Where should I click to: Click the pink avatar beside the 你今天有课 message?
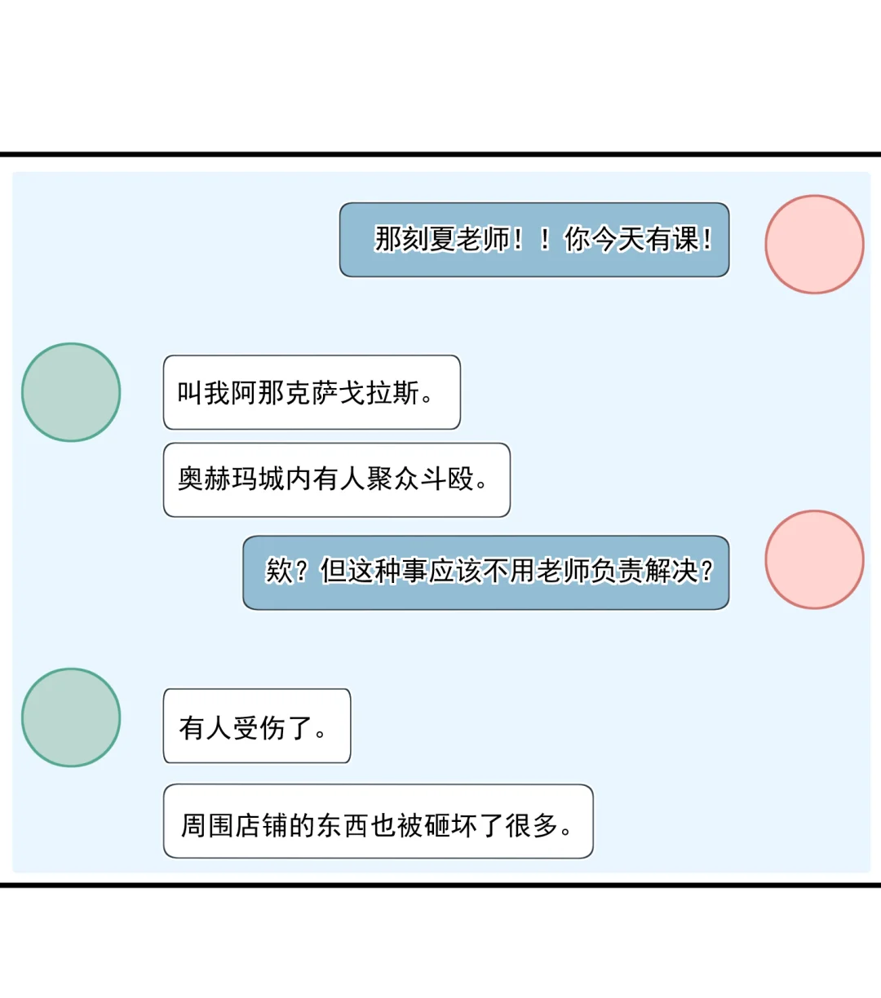(x=814, y=244)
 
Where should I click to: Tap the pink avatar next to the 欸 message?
(x=814, y=559)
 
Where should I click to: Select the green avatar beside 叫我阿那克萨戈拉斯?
(x=71, y=392)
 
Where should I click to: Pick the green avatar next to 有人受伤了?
(x=71, y=718)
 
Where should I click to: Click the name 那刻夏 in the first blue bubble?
(x=414, y=240)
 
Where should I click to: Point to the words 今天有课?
(x=644, y=240)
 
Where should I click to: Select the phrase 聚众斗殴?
(x=420, y=479)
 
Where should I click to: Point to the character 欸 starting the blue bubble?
(x=278, y=572)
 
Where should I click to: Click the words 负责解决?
(x=644, y=572)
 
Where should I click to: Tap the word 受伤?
(x=259, y=727)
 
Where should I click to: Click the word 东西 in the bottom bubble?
(x=342, y=825)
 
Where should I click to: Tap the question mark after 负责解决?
(x=706, y=572)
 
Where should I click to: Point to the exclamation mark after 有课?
(x=706, y=240)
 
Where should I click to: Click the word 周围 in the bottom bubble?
(x=206, y=825)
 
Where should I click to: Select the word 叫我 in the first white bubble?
(x=204, y=393)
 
